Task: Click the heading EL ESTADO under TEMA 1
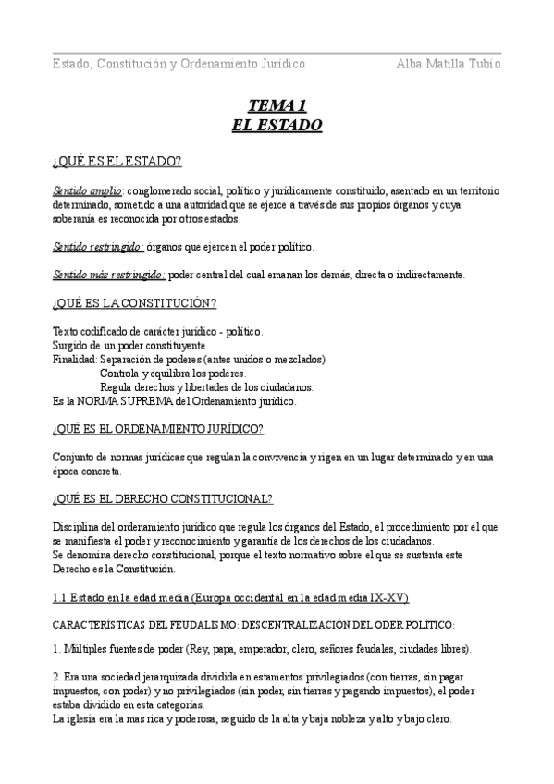(277, 124)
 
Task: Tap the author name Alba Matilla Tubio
(449, 64)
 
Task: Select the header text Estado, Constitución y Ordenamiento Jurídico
(179, 64)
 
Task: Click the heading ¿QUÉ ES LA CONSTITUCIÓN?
(134, 302)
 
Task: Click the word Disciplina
(78, 527)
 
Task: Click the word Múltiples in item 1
(88, 649)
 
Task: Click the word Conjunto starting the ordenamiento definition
(75, 457)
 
